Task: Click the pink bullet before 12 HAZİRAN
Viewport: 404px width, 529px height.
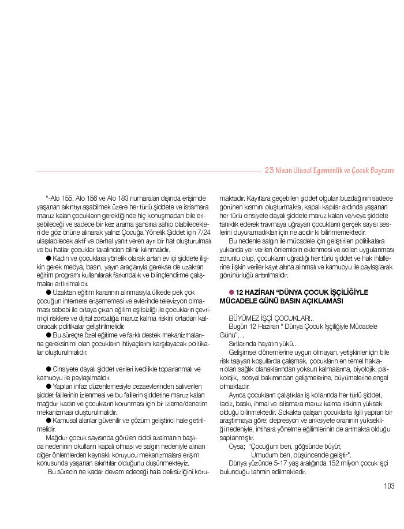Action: tap(231, 292)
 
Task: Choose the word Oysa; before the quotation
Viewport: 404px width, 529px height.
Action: tap(237, 446)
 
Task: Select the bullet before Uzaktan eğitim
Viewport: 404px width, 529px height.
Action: tap(48, 292)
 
